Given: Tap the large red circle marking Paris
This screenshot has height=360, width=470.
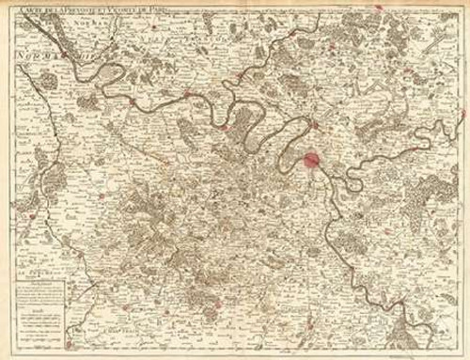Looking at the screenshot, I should pyautogui.click(x=311, y=159).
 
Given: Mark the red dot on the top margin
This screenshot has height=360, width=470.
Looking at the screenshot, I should pyautogui.click(x=379, y=7).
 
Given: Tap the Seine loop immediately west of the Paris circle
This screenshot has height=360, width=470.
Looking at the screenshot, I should pyautogui.click(x=282, y=150).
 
